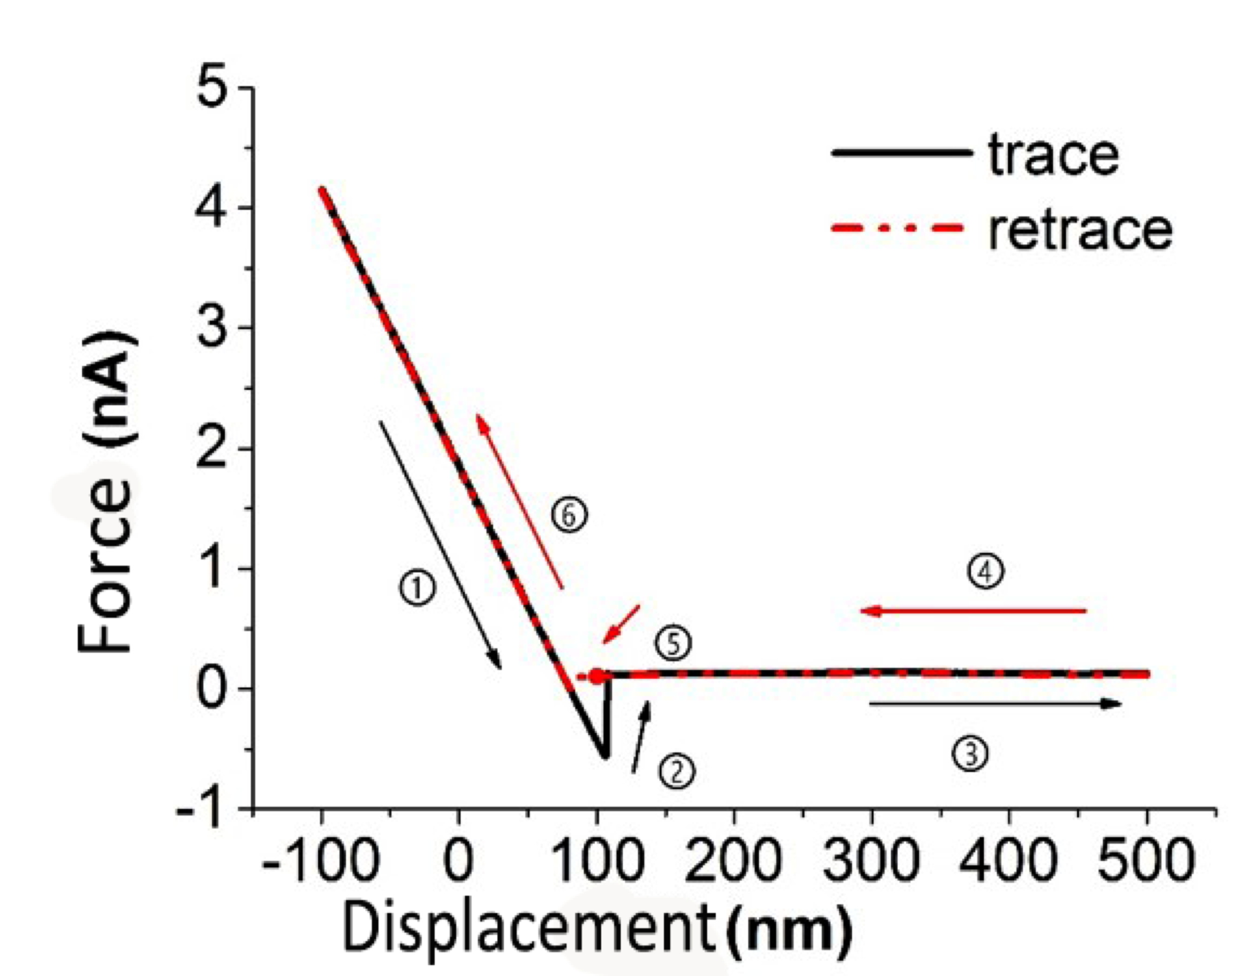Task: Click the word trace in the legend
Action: click(1053, 155)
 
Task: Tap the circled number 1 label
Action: click(417, 588)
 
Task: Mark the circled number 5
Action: click(673, 643)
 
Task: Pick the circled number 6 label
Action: click(569, 515)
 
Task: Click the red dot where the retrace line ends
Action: click(597, 677)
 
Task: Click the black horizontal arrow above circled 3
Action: click(995, 704)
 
